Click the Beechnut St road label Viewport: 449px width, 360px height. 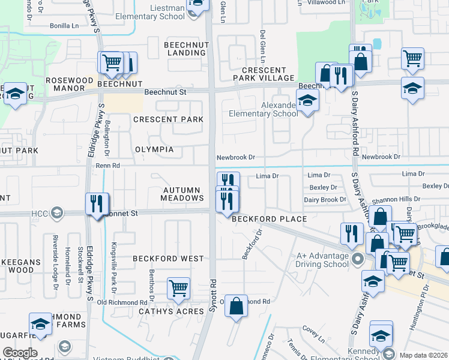pos(166,92)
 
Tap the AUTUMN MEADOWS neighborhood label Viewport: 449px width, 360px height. pos(182,194)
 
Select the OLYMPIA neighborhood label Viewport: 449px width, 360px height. pos(154,149)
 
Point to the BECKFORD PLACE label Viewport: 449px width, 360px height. pos(270,220)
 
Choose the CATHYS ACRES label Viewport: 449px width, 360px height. pos(166,312)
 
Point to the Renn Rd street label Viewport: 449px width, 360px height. pos(108,165)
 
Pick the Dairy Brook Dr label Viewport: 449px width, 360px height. pos(325,199)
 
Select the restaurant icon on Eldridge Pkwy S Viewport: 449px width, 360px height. pos(97,204)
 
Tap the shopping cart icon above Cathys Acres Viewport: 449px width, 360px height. pos(178,288)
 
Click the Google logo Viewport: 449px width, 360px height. pos(20,353)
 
